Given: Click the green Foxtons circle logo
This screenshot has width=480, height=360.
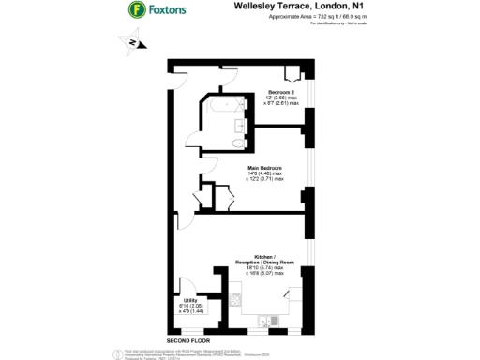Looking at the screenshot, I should (x=136, y=9).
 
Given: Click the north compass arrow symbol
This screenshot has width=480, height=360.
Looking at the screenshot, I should (x=132, y=43).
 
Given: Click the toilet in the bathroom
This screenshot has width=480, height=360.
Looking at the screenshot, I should (x=232, y=142).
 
